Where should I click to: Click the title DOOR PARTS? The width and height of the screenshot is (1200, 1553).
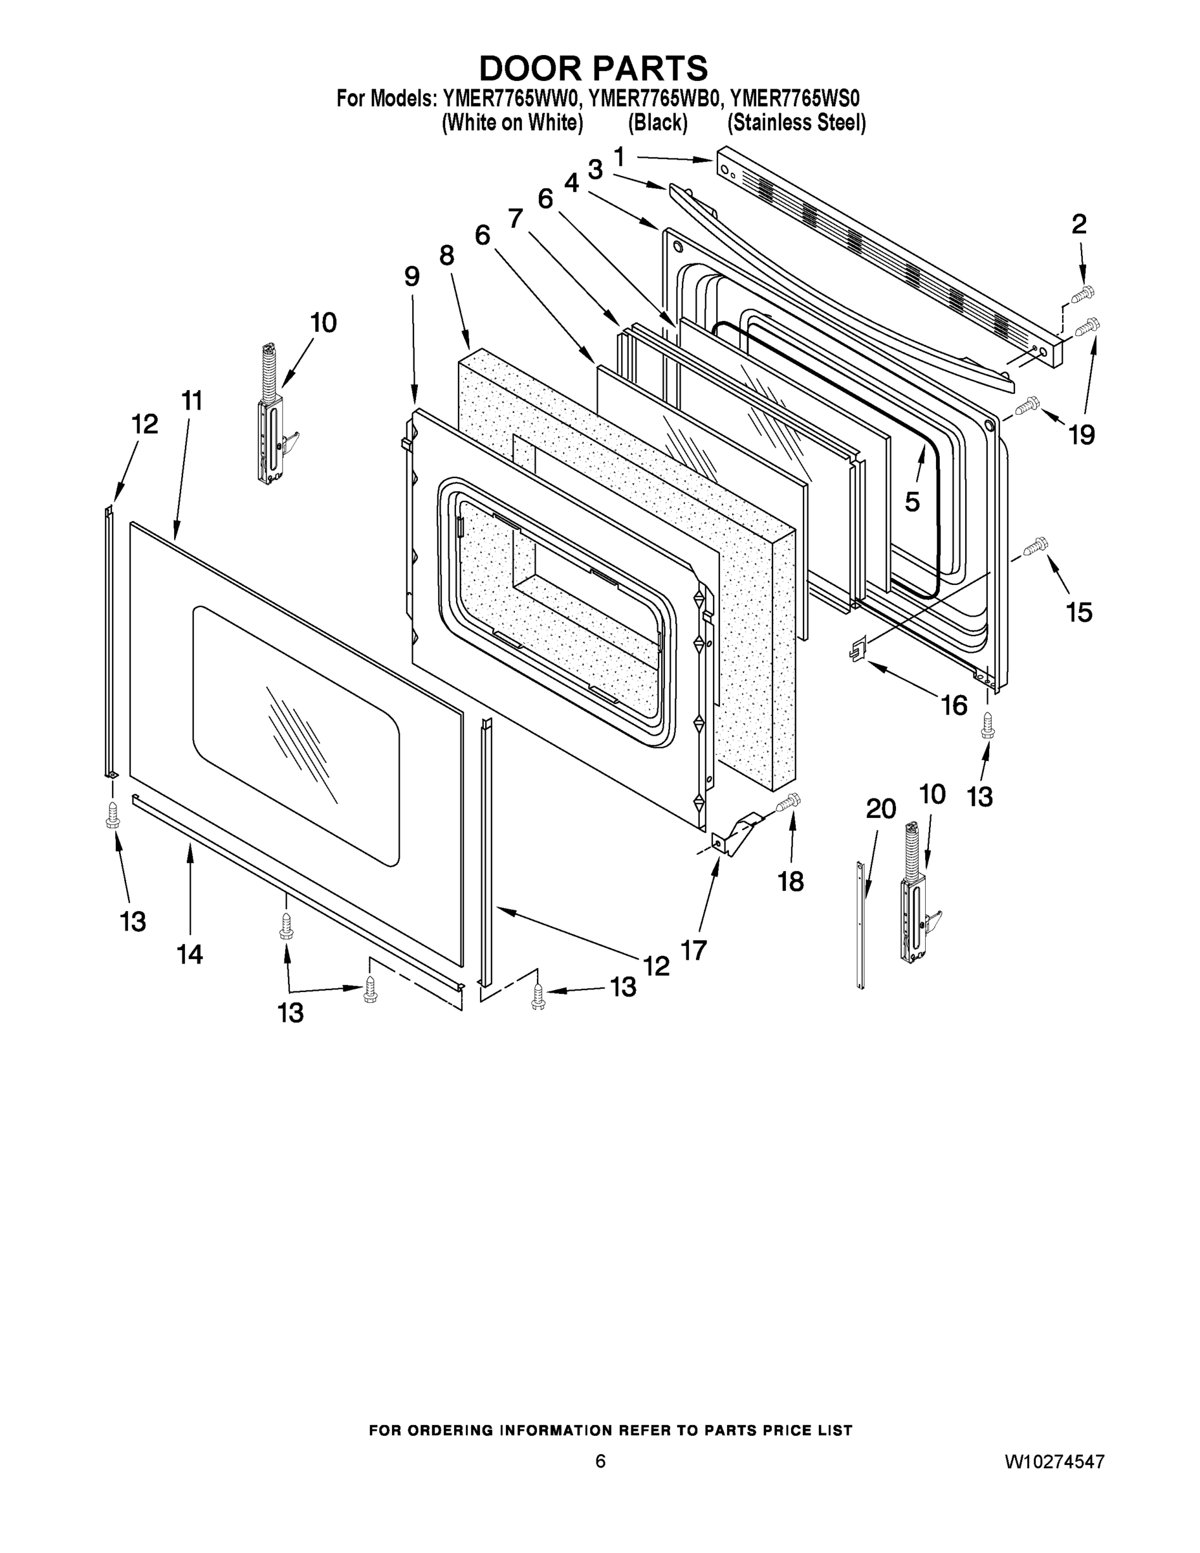594,68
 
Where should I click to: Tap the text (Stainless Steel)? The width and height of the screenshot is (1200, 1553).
796,123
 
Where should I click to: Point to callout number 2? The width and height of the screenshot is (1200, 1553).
1079,225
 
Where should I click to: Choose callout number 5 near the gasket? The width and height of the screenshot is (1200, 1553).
912,501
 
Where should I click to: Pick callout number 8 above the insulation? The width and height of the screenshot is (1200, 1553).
446,256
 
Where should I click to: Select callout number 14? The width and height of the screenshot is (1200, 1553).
190,954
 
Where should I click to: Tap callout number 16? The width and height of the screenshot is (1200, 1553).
954,705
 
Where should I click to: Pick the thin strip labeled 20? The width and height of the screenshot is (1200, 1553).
861,925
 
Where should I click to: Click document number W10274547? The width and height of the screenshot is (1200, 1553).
1054,1461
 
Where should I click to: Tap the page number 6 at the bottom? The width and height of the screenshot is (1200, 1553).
601,1460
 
